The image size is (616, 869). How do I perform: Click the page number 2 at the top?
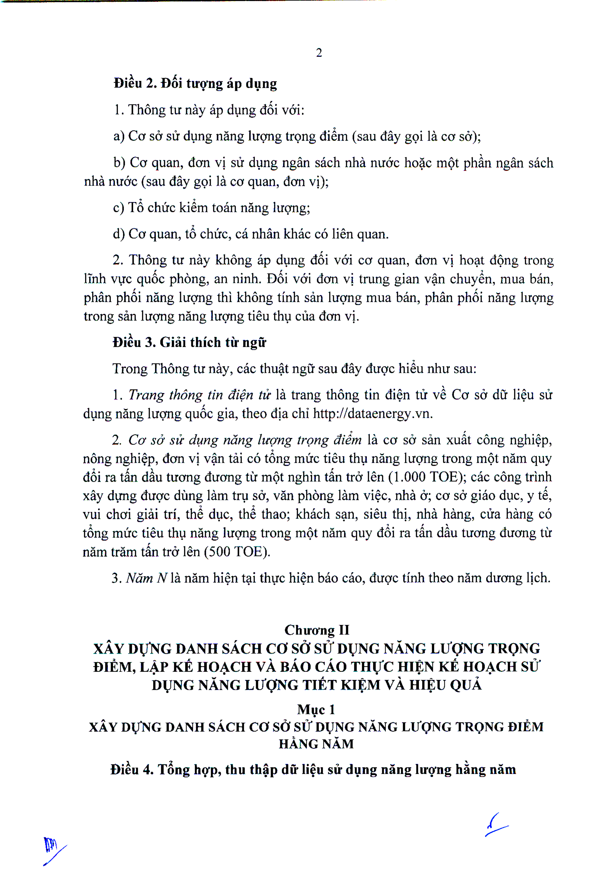pyautogui.click(x=319, y=53)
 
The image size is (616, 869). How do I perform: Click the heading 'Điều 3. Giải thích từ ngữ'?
pyautogui.click(x=189, y=342)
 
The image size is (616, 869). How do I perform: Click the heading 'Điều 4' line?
pyautogui.click(x=313, y=769)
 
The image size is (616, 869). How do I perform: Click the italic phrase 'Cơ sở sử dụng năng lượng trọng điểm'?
pyautogui.click(x=245, y=440)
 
